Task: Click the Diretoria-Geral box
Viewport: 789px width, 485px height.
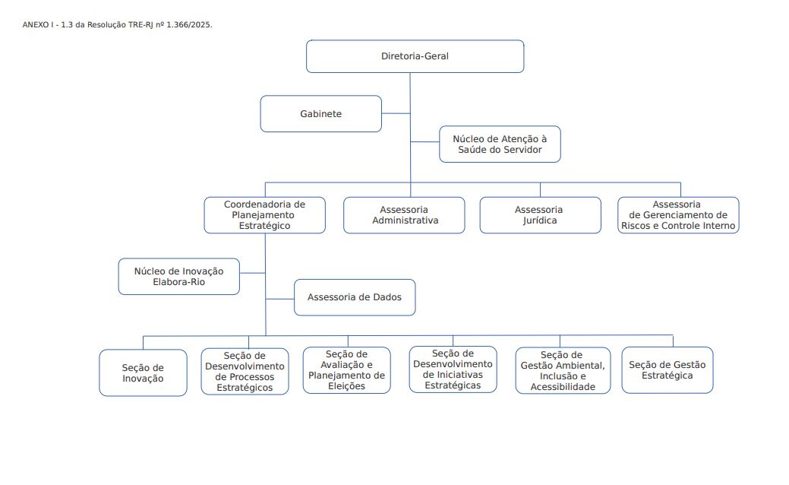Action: [x=415, y=56]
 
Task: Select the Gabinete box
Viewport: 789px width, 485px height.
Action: [x=320, y=114]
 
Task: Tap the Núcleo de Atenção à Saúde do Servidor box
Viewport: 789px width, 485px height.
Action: [x=500, y=144]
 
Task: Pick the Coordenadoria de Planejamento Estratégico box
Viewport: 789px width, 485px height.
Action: [x=265, y=215]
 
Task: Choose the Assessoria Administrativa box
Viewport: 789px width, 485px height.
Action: [x=404, y=215]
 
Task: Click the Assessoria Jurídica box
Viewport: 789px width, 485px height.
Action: [x=540, y=215]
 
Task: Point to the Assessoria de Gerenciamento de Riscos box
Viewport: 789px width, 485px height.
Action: [x=678, y=215]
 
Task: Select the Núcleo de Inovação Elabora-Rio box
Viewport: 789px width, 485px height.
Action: [x=178, y=277]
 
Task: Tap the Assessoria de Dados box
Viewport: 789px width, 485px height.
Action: [x=354, y=298]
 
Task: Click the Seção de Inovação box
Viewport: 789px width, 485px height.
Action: [x=143, y=372]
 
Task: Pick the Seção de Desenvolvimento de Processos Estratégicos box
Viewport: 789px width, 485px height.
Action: [x=245, y=371]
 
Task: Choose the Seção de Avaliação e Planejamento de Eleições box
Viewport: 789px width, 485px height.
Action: [x=346, y=370]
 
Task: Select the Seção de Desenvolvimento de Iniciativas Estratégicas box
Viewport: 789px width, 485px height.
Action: [x=453, y=369]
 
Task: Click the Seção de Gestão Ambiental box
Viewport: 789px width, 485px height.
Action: [x=563, y=370]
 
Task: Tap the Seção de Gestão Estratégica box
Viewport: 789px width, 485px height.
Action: [x=667, y=370]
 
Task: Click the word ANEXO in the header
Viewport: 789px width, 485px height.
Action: [x=35, y=24]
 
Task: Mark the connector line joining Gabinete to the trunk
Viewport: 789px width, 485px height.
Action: [x=396, y=113]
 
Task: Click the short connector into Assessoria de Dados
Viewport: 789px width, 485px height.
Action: [x=279, y=299]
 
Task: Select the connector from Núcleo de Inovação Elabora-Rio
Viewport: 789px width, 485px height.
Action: [x=253, y=273]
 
